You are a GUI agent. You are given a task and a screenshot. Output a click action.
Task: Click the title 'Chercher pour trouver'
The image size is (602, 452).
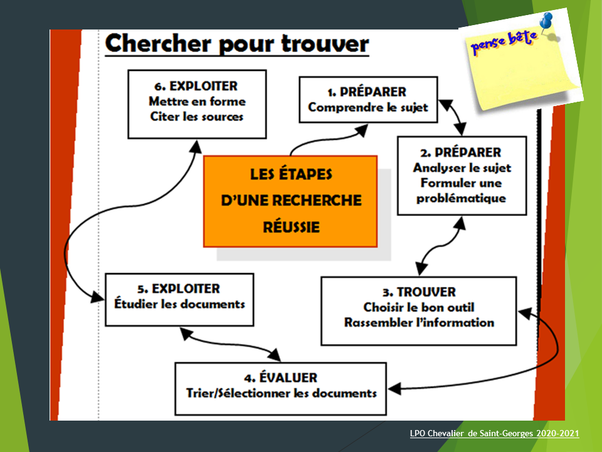(237, 45)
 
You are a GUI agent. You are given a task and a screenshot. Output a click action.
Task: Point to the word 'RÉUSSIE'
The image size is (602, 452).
(290, 227)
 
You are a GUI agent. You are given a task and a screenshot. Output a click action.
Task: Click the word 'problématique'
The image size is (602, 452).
(461, 198)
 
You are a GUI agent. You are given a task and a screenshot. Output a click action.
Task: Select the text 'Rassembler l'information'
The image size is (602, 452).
(419, 323)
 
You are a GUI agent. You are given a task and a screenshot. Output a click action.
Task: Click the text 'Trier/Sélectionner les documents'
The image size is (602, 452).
(282, 393)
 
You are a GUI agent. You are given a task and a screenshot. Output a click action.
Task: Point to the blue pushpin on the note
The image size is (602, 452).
(546, 22)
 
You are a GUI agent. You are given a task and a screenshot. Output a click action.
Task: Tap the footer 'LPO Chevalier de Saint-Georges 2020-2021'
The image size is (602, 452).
(494, 434)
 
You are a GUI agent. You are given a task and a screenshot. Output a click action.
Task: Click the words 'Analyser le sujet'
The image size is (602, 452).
(462, 168)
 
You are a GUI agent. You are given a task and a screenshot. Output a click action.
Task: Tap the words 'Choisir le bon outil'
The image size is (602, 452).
(419, 308)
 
